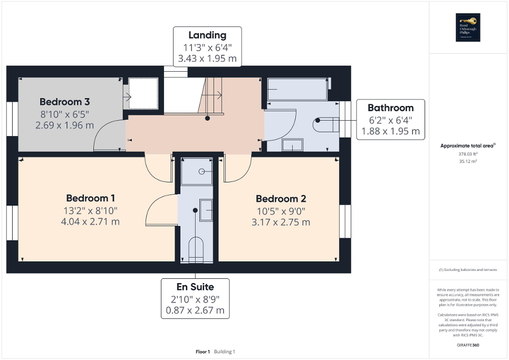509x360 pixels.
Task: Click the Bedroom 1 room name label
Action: click(x=91, y=198)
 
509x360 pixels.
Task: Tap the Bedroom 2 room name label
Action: click(x=281, y=199)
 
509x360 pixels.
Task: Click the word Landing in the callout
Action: click(x=207, y=35)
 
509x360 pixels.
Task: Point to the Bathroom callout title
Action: click(x=391, y=108)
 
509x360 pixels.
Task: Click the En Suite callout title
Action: click(x=195, y=287)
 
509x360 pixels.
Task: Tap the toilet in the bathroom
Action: click(x=325, y=125)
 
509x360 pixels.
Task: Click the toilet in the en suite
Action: click(x=196, y=248)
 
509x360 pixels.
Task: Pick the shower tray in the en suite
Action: click(x=197, y=171)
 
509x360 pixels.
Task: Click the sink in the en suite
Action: click(x=206, y=211)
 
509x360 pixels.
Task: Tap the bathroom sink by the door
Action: click(x=292, y=145)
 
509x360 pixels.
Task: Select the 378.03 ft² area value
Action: click(x=468, y=154)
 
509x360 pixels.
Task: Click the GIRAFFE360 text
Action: click(x=468, y=345)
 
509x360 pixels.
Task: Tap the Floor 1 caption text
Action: click(x=203, y=352)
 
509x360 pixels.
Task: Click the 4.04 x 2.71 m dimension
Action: click(x=91, y=221)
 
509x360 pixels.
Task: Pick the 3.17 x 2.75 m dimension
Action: click(x=281, y=222)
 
